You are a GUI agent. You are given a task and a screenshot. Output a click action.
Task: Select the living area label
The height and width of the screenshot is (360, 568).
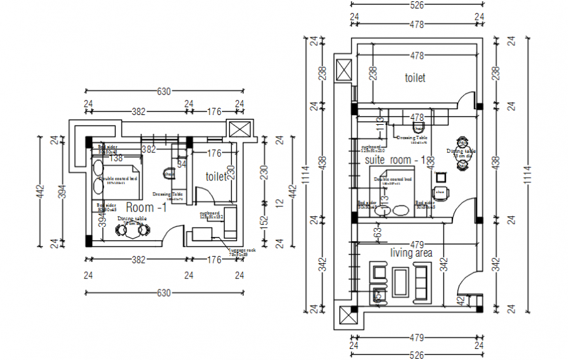pyautogui.click(x=411, y=252)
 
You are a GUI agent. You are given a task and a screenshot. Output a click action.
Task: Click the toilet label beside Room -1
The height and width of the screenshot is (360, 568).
pyautogui.click(x=215, y=176)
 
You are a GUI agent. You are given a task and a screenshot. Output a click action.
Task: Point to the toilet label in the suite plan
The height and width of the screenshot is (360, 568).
pyautogui.click(x=415, y=78)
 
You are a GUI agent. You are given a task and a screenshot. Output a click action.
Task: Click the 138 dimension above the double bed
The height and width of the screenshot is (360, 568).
pyautogui.click(x=116, y=158)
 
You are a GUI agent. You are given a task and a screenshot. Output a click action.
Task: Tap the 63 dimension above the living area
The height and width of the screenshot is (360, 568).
pyautogui.click(x=377, y=230)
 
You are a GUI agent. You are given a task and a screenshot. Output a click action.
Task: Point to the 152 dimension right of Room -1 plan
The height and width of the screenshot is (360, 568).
pyautogui.click(x=264, y=222)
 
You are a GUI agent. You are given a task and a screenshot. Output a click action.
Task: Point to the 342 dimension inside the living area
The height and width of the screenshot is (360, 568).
pyautogui.click(x=445, y=265)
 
